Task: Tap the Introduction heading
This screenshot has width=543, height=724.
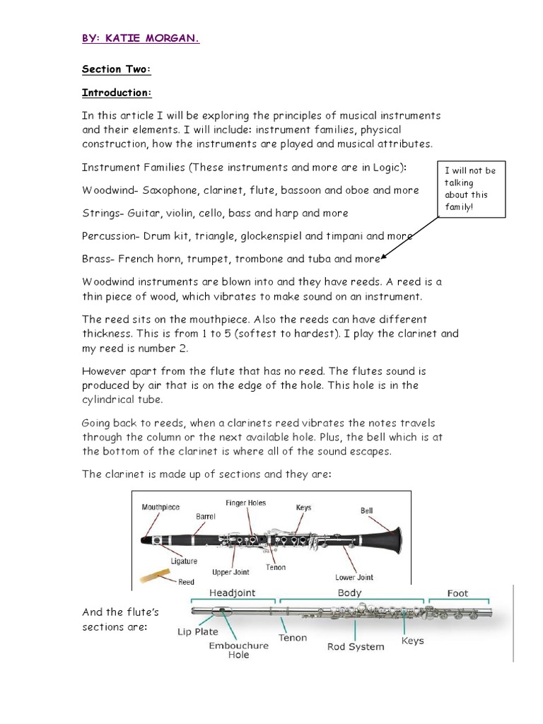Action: (117, 93)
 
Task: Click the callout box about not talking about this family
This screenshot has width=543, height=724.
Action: (471, 189)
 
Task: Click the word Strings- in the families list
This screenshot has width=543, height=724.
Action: (103, 213)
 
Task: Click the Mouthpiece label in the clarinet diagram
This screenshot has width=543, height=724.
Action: (160, 507)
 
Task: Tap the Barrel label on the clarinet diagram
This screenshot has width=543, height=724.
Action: (205, 517)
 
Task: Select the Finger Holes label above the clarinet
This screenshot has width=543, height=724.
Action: (245, 503)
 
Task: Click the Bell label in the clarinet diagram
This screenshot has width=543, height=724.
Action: (366, 510)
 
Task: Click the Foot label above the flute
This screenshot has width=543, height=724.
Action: (457, 593)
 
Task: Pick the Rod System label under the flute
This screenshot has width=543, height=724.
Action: (356, 646)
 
